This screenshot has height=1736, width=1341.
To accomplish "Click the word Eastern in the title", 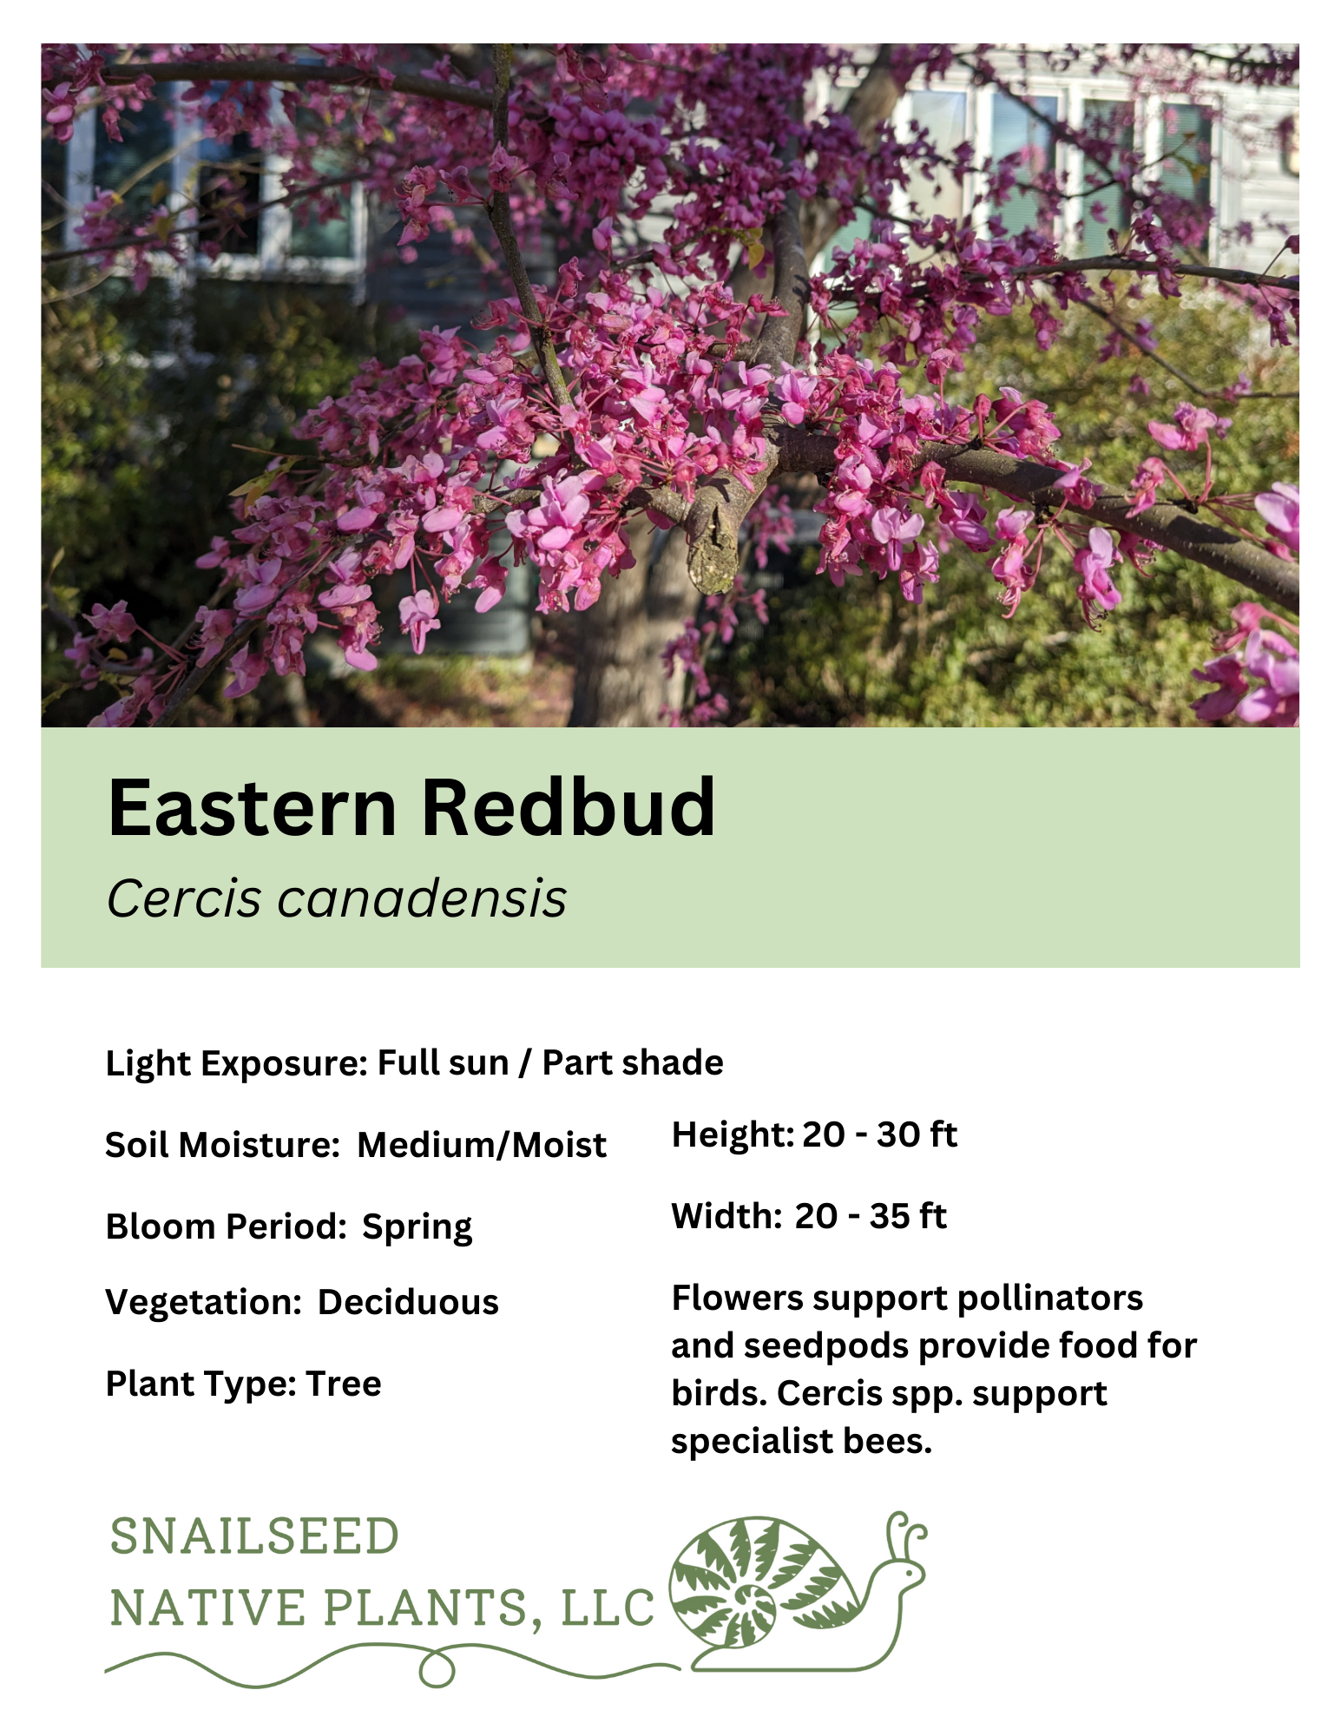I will pyautogui.click(x=252, y=808).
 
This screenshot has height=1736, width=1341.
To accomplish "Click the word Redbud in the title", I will pyautogui.click(x=569, y=808).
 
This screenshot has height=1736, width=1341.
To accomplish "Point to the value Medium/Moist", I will pyautogui.click(x=482, y=1145).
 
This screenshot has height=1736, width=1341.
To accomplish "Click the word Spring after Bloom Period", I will pyautogui.click(x=417, y=1227).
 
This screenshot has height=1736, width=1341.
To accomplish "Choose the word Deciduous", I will pyautogui.click(x=408, y=1302).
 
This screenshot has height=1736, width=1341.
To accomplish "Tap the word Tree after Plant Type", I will pyautogui.click(x=344, y=1384).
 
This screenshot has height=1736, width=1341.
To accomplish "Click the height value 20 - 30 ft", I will pyautogui.click(x=879, y=1134).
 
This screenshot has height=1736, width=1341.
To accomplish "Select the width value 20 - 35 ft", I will pyautogui.click(x=871, y=1216).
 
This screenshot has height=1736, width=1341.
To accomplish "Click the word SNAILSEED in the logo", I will pyautogui.click(x=254, y=1536).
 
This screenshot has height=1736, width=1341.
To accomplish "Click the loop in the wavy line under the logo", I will pyautogui.click(x=437, y=1669).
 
